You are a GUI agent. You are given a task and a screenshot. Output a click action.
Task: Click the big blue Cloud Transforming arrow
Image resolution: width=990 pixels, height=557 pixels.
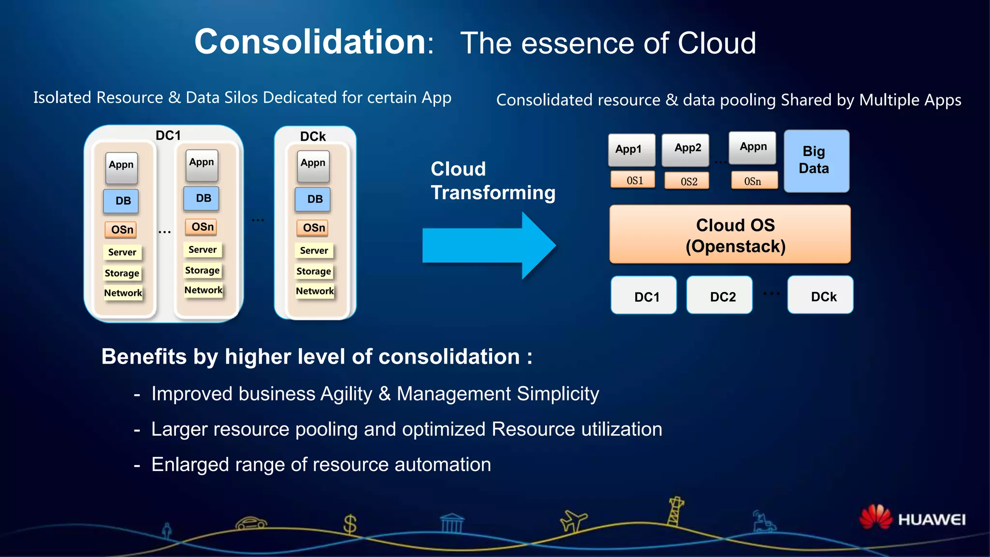pos(488,246)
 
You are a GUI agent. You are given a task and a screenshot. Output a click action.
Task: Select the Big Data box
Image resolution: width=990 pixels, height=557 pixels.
pos(816,161)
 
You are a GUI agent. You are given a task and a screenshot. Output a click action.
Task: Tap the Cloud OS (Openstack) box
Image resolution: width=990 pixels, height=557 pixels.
pos(730,235)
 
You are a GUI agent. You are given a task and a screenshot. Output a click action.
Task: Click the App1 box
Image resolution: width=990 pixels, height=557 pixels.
pos(631,149)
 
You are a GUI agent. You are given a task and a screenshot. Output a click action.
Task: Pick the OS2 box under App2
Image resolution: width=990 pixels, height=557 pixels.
pos(687,181)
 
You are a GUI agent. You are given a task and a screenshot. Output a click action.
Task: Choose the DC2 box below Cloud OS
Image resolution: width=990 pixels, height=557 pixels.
pos(719,295)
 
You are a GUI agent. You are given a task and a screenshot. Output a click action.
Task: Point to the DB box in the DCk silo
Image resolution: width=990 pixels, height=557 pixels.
pos(313,199)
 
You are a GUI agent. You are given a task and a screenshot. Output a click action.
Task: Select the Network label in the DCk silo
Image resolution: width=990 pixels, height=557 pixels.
pos(315,291)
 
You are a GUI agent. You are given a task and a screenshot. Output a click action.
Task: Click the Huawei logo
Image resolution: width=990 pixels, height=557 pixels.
pos(912,518)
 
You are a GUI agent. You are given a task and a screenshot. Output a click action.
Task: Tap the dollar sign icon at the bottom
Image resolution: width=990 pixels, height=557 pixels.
pos(349,524)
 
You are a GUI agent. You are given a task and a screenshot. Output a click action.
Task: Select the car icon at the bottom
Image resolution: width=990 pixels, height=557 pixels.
pos(251,523)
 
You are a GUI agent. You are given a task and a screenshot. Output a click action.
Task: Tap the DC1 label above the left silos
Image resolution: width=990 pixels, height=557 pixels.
pos(168,135)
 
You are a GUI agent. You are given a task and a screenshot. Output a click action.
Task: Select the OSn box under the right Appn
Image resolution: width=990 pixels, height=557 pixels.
pos(754,181)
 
